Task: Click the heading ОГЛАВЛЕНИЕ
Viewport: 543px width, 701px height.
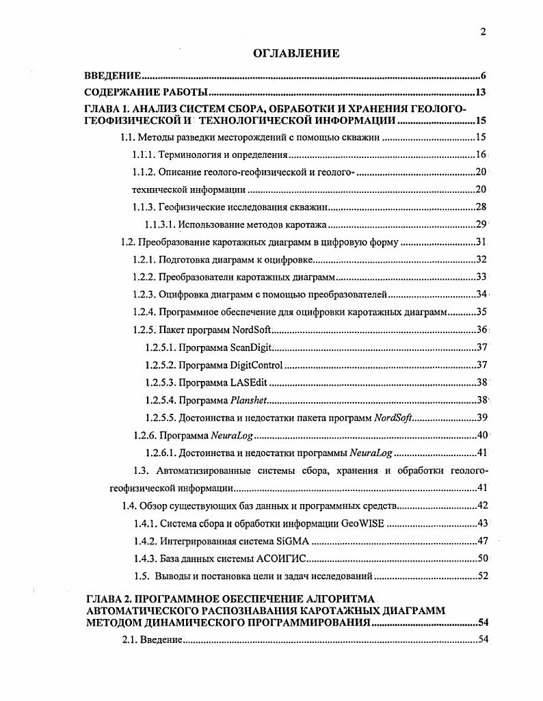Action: [296, 54]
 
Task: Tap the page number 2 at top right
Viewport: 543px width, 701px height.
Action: [483, 31]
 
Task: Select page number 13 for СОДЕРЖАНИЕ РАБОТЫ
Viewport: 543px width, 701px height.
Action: [480, 93]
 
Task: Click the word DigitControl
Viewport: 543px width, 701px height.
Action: [256, 365]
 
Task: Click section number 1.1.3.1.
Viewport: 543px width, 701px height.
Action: [160, 224]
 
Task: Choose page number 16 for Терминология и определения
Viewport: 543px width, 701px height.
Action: [481, 155]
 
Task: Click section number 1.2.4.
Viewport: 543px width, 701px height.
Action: [144, 313]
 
